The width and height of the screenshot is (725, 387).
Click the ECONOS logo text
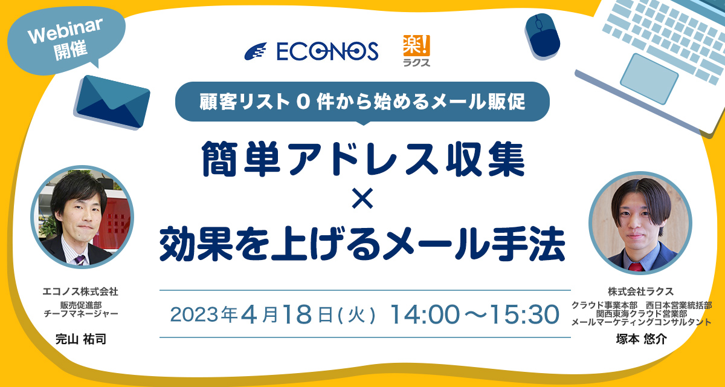[327, 51]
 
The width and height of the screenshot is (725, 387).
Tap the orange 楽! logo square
[416, 45]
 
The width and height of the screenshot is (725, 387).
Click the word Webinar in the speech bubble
[65, 30]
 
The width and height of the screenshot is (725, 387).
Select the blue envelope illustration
[112, 102]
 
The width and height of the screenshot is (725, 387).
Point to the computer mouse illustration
[543, 36]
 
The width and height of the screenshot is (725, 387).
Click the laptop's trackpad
[649, 79]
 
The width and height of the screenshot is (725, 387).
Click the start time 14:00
[425, 314]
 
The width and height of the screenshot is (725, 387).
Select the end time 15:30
[524, 314]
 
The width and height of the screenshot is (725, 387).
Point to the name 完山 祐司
[81, 339]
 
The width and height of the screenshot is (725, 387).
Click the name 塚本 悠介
[642, 339]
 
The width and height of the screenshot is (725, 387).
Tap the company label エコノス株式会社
[80, 292]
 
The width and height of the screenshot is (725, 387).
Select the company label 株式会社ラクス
[641, 291]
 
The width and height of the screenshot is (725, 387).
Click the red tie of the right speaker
[636, 267]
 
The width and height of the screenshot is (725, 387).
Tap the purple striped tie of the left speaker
[80, 260]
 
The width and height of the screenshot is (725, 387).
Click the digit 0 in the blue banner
[303, 102]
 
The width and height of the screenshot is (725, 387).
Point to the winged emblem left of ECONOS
[256, 51]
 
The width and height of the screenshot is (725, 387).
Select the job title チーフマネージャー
[81, 313]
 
